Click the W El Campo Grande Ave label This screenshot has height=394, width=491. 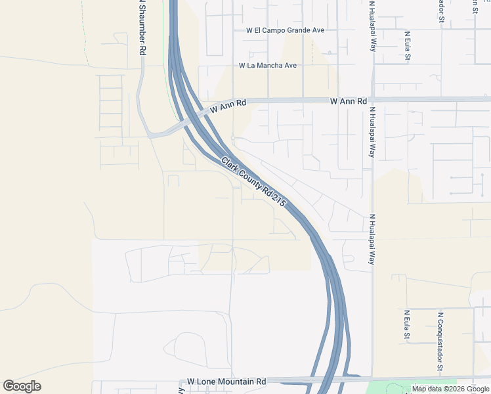285,30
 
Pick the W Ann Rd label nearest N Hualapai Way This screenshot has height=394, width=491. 348,101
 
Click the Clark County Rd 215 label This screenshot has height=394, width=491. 253,182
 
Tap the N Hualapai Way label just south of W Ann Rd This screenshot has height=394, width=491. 372,133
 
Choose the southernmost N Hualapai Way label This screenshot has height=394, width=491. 372,239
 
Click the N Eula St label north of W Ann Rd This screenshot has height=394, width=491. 408,46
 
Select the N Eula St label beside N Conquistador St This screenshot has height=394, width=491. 408,325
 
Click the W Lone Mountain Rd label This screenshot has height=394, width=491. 226,382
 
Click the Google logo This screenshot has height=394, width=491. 22,386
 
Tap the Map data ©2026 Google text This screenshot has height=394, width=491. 450,389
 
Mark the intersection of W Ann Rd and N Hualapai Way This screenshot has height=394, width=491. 372,100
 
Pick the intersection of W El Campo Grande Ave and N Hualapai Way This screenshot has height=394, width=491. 372,30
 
